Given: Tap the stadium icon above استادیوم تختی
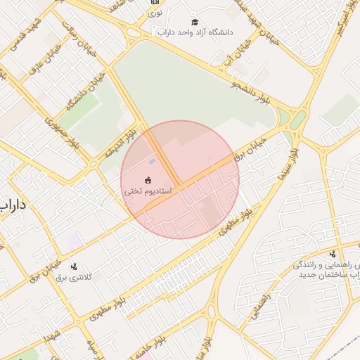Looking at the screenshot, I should [x=148, y=180].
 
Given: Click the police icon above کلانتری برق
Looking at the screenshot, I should [x=75, y=266].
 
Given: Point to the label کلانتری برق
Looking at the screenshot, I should [x=75, y=277].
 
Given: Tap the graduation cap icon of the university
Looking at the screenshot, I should [x=195, y=22].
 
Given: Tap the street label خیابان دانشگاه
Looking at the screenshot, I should [x=85, y=91].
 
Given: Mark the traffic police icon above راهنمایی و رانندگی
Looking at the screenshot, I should [x=333, y=254].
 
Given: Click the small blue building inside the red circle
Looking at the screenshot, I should [x=152, y=162].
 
